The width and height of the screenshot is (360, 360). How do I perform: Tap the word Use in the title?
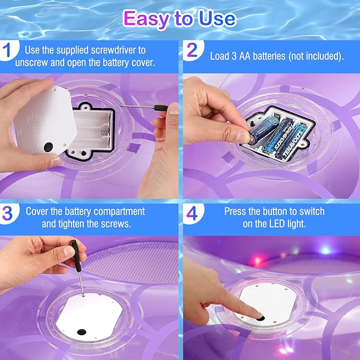click(x=217, y=19)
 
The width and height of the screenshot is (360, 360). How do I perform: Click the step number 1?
click(x=7, y=50)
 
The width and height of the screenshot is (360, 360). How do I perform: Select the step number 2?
click(x=192, y=50)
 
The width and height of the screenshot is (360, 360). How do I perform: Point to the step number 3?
click(x=7, y=213)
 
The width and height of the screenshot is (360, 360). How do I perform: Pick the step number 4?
click(x=192, y=213)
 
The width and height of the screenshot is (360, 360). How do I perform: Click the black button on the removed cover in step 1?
click(x=48, y=146)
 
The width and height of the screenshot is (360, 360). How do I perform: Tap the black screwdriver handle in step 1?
click(x=161, y=108)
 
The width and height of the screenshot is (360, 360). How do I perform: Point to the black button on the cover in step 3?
click(x=82, y=332)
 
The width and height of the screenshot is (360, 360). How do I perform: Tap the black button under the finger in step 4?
click(x=260, y=318)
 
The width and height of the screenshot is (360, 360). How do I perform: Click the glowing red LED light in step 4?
click(x=258, y=260)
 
